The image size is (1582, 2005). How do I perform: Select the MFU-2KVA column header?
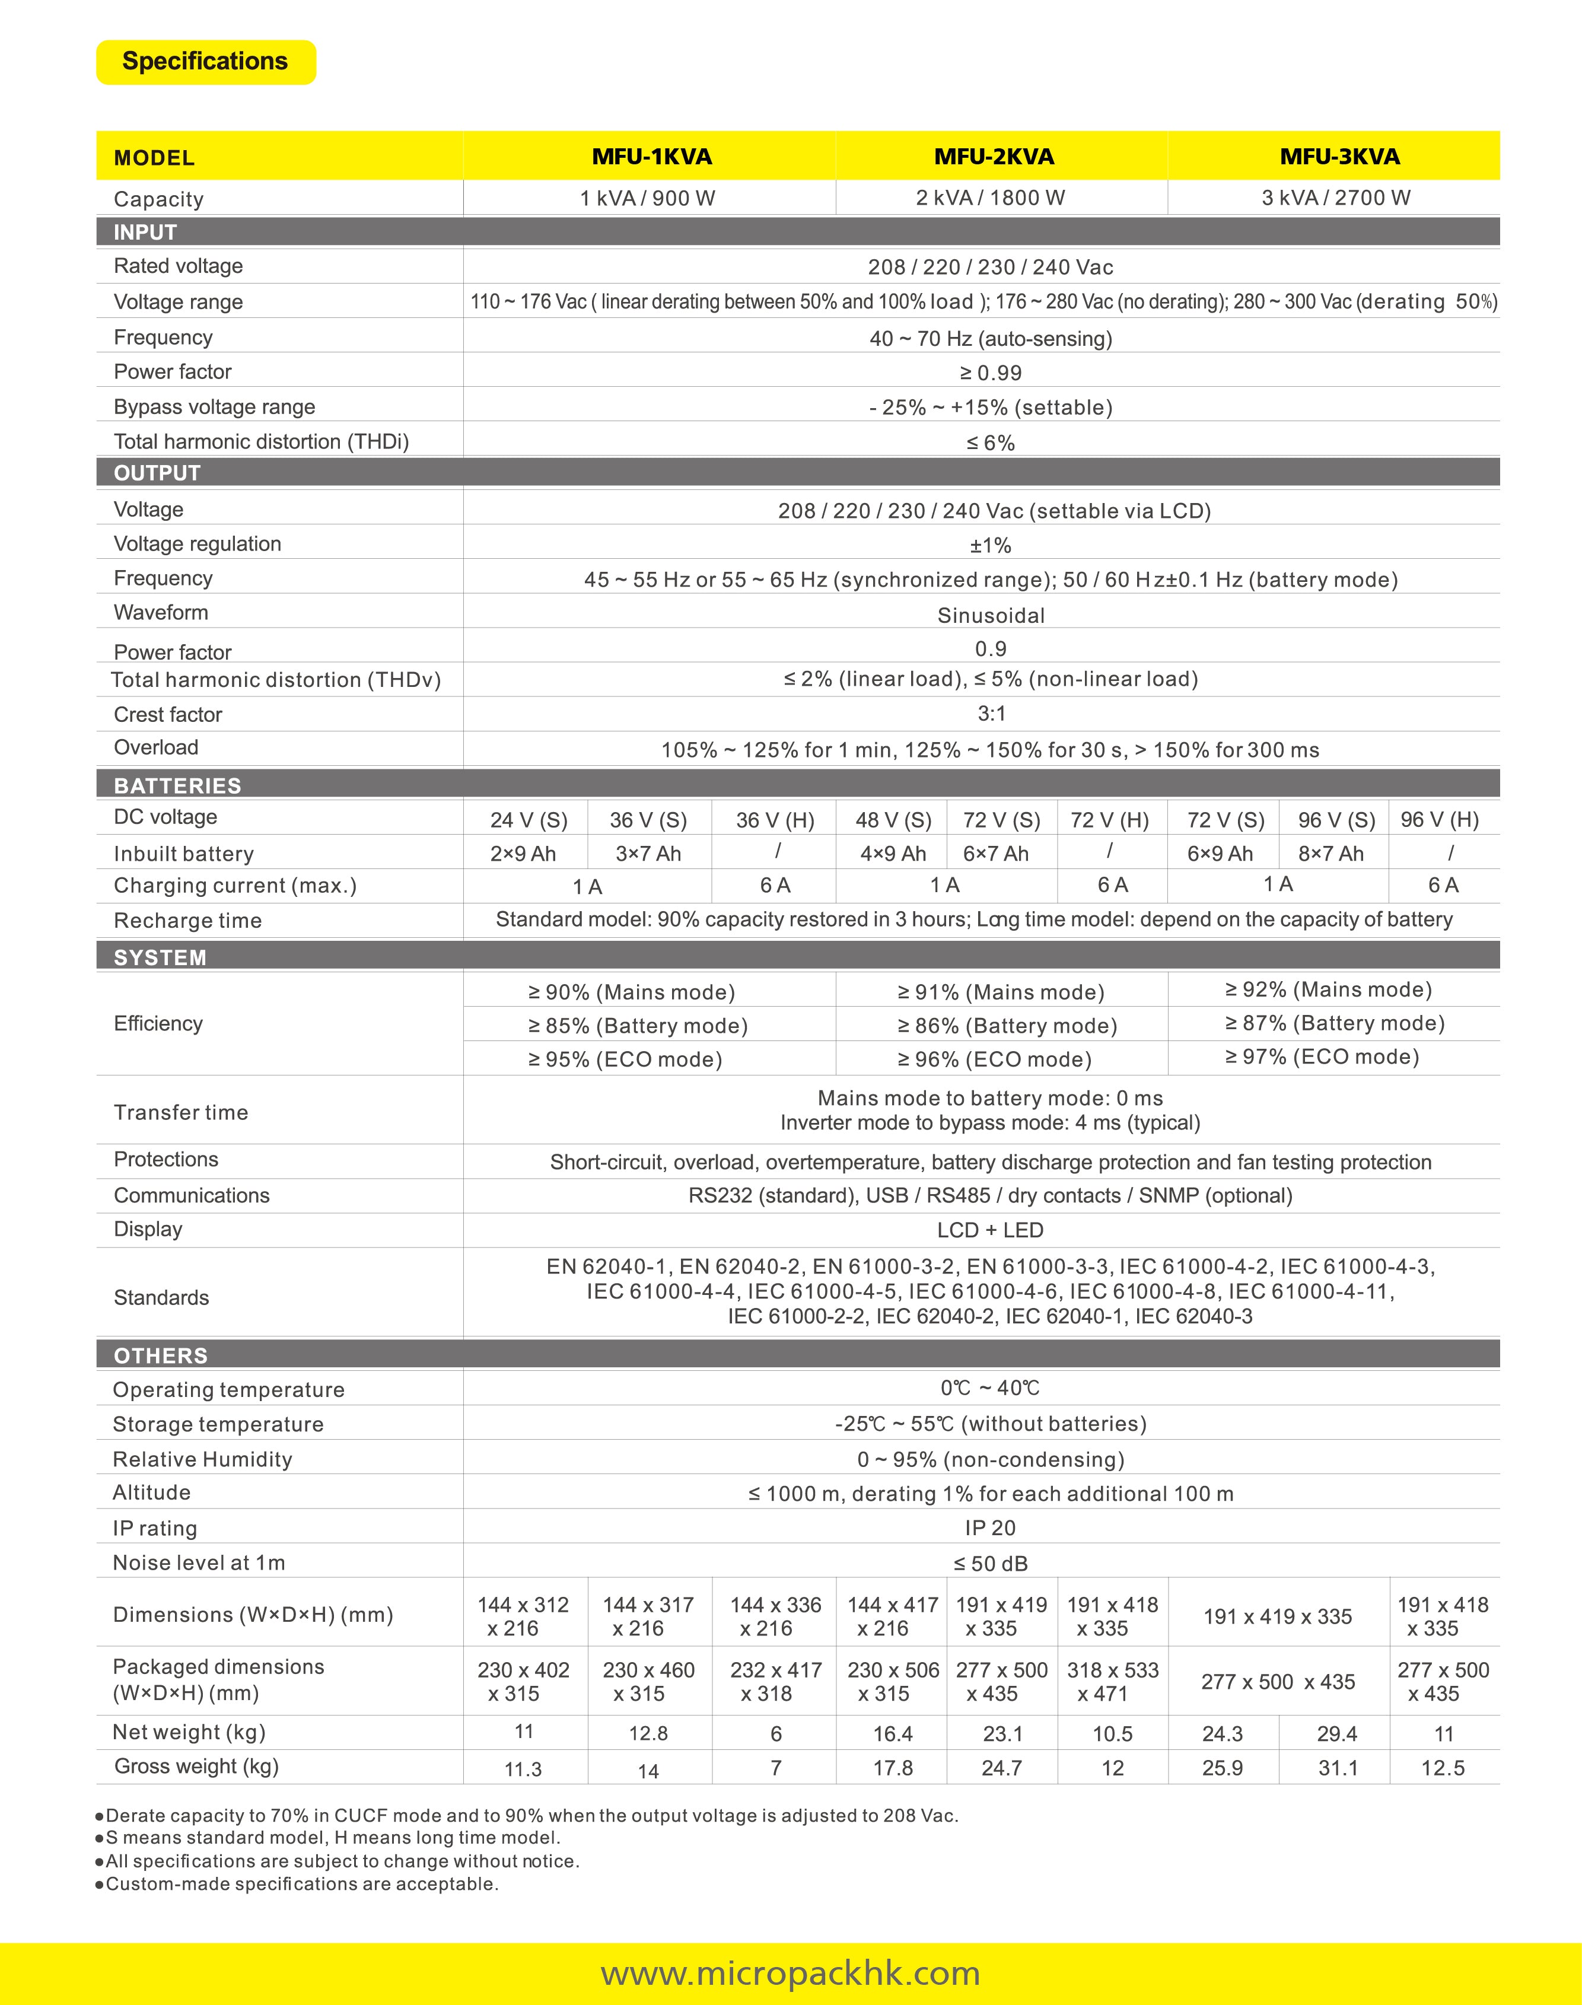994,157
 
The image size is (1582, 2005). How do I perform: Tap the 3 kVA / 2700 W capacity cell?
1336,198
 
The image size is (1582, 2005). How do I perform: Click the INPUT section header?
145,231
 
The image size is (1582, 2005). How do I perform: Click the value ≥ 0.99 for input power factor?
990,373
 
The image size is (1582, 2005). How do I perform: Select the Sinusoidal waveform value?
990,615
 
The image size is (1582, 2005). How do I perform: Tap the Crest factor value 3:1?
990,713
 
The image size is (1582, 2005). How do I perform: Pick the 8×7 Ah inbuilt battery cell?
1331,854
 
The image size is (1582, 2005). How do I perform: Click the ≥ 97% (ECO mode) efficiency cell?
1322,1056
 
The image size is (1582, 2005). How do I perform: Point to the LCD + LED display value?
990,1230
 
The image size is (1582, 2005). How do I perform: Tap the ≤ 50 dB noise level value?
990,1563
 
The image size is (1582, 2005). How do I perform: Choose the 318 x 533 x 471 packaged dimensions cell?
1112,1682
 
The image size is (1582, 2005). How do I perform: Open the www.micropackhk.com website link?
790,1972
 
